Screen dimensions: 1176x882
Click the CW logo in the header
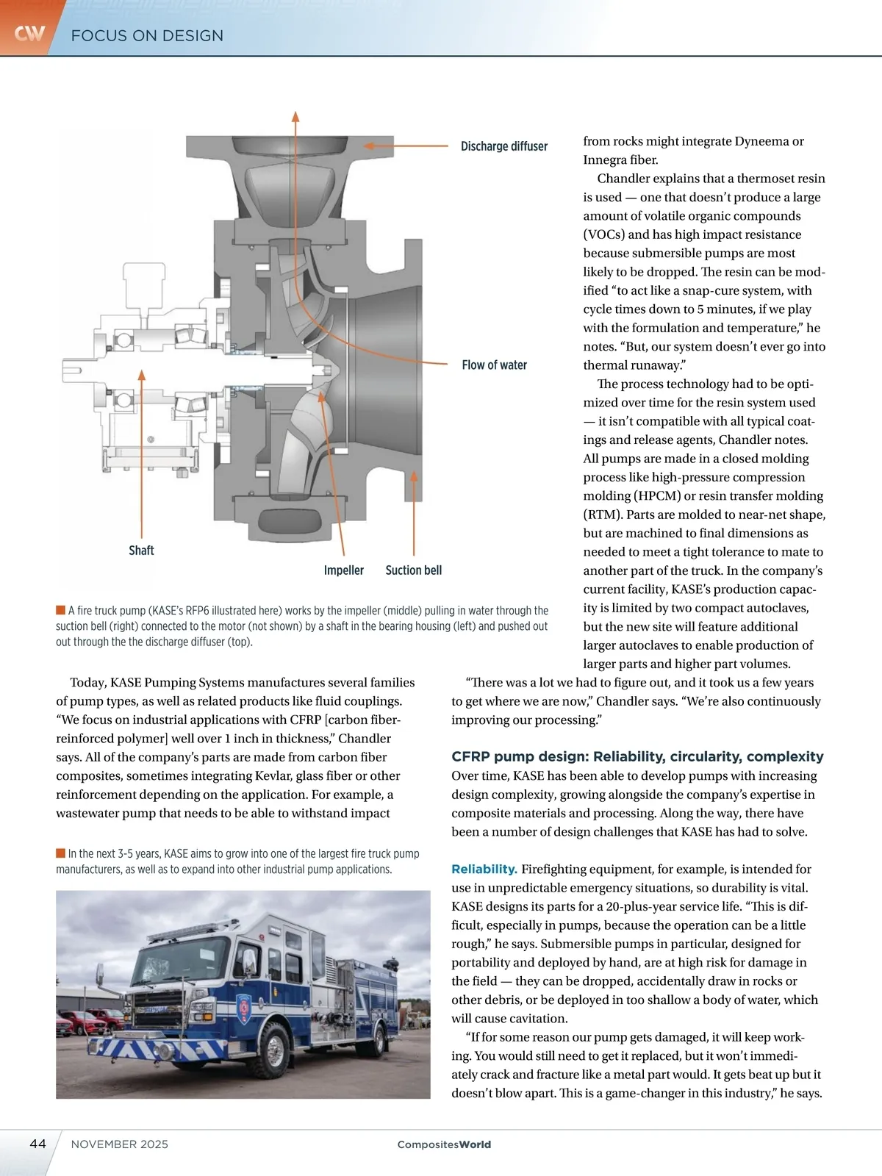point(29,33)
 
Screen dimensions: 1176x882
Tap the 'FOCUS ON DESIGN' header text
point(147,35)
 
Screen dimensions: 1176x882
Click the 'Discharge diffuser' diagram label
point(503,146)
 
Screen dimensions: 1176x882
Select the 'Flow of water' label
point(494,365)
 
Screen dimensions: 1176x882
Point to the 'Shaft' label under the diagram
point(141,551)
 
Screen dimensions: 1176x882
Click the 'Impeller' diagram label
point(343,570)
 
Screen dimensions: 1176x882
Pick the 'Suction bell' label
point(414,570)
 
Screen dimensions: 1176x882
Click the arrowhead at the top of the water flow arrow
point(295,116)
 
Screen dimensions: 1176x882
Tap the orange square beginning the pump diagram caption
point(60,610)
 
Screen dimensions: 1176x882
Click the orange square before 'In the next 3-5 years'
point(60,853)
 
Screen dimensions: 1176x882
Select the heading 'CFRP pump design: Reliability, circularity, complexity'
point(637,756)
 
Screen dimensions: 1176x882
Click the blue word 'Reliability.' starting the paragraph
point(484,869)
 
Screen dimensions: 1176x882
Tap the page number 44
point(37,1144)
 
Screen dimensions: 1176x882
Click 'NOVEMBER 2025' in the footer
point(120,1144)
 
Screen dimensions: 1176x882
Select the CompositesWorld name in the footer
point(444,1144)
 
